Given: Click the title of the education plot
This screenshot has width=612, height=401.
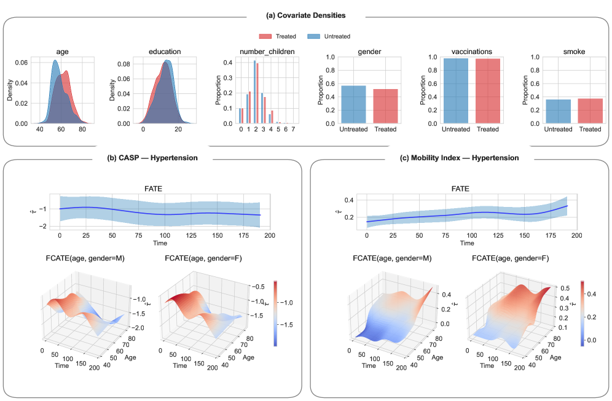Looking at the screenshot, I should [x=162, y=52].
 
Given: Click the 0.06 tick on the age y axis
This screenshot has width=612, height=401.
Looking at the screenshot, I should [x=20, y=63].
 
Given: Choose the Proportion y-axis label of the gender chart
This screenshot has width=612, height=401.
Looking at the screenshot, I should [x=321, y=90].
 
